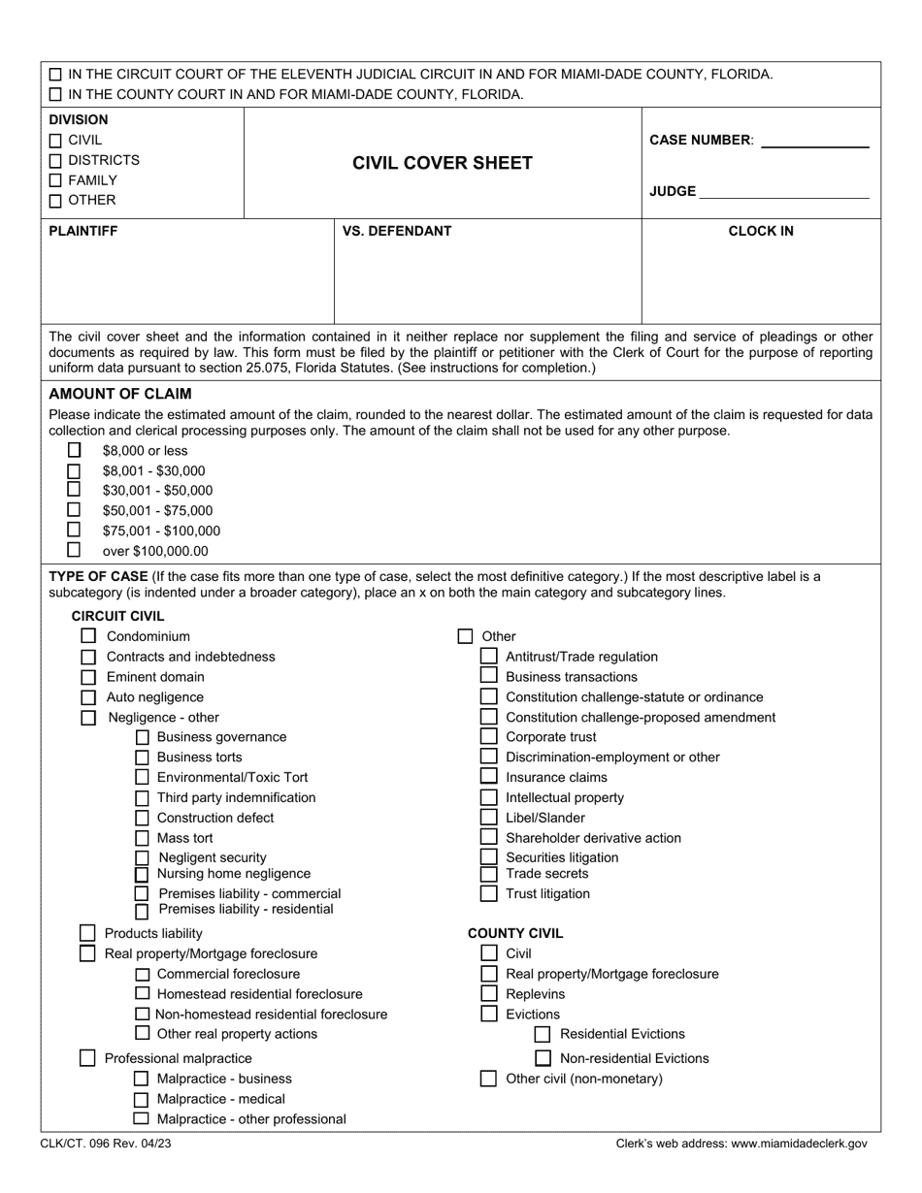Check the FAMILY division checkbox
(x=55, y=180)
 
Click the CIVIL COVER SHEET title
(x=442, y=163)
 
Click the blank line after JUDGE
(x=783, y=194)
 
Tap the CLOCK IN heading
(x=761, y=231)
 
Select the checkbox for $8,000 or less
(x=74, y=450)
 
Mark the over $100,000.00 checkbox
(x=74, y=550)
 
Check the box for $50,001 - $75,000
(x=74, y=509)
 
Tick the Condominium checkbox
(x=88, y=636)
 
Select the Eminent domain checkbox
(x=88, y=677)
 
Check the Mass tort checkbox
(x=142, y=838)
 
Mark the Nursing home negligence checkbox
(x=142, y=874)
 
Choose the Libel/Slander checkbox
(x=489, y=818)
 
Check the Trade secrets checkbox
(x=489, y=874)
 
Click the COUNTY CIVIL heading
(x=514, y=933)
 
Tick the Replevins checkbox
(x=489, y=994)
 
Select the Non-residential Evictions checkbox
(x=543, y=1058)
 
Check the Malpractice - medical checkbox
(x=142, y=1099)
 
